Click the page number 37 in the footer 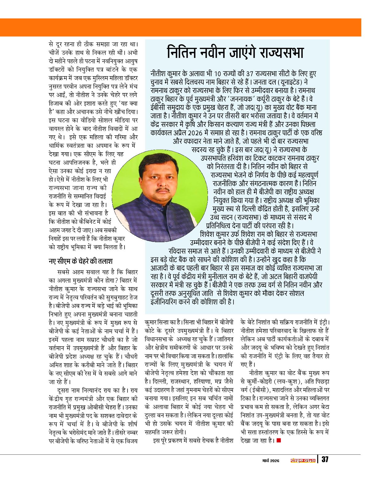tap(325, 459)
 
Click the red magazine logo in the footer tap(303, 460)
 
